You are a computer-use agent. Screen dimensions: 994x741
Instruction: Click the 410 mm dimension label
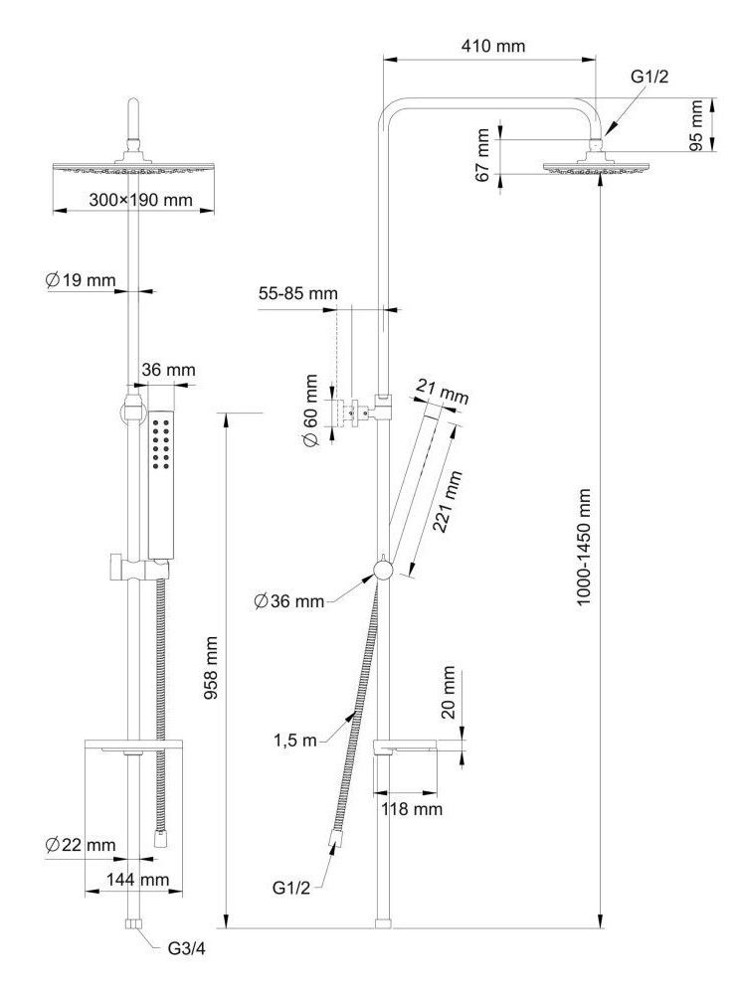[x=493, y=46]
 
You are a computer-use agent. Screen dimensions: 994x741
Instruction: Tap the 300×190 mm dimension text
[x=140, y=200]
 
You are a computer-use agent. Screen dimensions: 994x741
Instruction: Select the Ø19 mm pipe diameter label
[x=82, y=280]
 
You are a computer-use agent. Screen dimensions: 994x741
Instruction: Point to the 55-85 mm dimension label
[x=298, y=294]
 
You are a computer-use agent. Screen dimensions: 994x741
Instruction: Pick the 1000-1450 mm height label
[x=584, y=548]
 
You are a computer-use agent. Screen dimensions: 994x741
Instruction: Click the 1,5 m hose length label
[x=294, y=740]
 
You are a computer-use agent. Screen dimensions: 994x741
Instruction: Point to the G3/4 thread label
[x=185, y=948]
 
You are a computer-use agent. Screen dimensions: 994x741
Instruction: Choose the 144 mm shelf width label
[x=139, y=880]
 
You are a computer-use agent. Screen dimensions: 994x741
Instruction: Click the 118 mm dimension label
[x=412, y=809]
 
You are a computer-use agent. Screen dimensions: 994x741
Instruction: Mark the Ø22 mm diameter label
[x=81, y=845]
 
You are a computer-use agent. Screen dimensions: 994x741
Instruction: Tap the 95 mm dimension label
[x=696, y=124]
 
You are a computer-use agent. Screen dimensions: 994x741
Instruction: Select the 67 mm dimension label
[x=483, y=154]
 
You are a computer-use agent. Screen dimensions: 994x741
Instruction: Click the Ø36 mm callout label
[x=289, y=600]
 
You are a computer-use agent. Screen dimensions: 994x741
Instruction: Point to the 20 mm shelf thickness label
[x=449, y=694]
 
